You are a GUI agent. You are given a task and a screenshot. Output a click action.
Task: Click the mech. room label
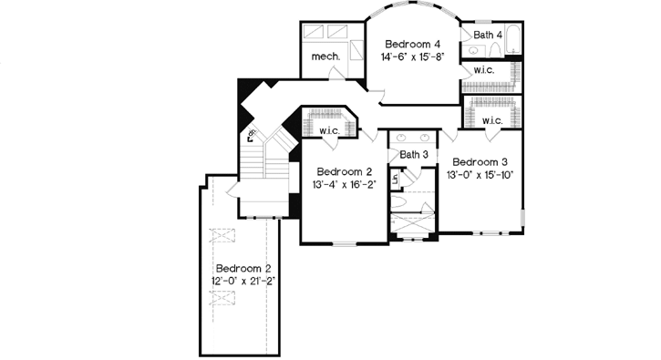[x=325, y=56]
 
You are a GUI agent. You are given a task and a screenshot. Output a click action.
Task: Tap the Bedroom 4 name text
[x=412, y=44]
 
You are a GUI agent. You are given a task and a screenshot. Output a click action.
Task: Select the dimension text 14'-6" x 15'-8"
[x=412, y=57]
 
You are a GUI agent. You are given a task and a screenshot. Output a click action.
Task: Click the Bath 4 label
[x=483, y=35]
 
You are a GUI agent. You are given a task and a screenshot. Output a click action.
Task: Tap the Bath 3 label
[x=414, y=154]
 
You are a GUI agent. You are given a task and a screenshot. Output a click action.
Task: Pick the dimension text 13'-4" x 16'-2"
[x=344, y=185]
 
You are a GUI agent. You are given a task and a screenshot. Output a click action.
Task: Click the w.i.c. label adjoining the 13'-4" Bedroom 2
[x=330, y=130]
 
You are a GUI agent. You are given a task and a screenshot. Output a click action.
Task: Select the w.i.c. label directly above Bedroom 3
[x=492, y=120]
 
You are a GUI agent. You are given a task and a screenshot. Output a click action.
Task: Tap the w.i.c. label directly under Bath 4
[x=483, y=70]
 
